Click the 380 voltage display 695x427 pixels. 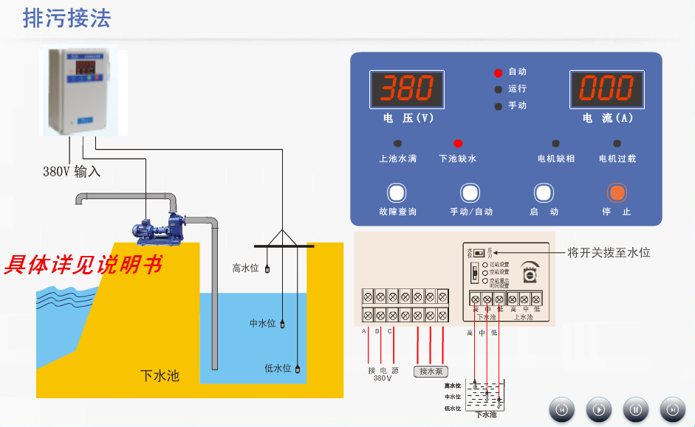point(407,89)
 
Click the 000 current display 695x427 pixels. point(606,89)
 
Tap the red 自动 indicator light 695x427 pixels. point(498,72)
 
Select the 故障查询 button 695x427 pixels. point(397,193)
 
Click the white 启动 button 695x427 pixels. point(544,193)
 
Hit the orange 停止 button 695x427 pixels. point(617,193)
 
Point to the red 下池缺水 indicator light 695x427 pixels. point(458,143)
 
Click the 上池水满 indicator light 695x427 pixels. point(397,143)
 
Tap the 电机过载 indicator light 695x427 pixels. point(617,143)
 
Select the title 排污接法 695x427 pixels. point(66,18)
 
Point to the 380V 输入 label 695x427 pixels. point(71,172)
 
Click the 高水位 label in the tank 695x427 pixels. point(245,268)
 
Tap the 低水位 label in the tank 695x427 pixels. point(278,368)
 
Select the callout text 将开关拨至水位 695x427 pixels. point(609,252)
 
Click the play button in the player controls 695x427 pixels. point(599,409)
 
